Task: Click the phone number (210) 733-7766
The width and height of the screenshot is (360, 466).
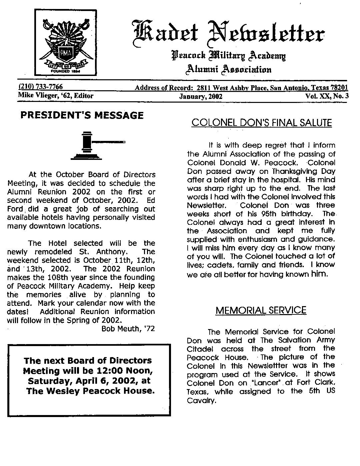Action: (40, 87)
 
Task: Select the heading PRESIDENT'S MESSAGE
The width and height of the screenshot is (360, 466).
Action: (82, 115)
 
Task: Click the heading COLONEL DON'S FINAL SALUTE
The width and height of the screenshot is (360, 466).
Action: (262, 123)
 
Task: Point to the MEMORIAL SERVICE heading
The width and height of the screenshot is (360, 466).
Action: (261, 310)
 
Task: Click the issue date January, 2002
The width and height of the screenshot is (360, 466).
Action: (201, 97)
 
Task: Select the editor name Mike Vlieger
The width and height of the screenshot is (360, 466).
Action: (35, 96)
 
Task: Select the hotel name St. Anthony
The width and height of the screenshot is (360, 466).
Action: (110, 251)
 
